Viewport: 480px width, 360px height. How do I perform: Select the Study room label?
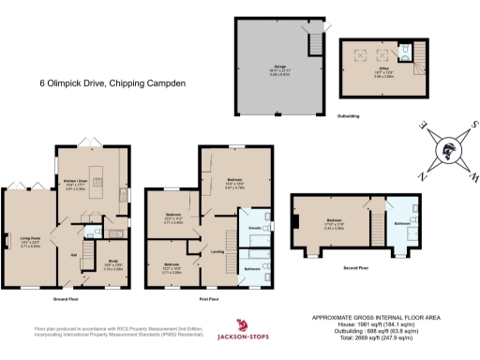tap(112, 264)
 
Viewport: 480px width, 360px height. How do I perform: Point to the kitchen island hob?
tap(97, 195)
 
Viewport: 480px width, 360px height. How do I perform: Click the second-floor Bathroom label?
tap(403, 224)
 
